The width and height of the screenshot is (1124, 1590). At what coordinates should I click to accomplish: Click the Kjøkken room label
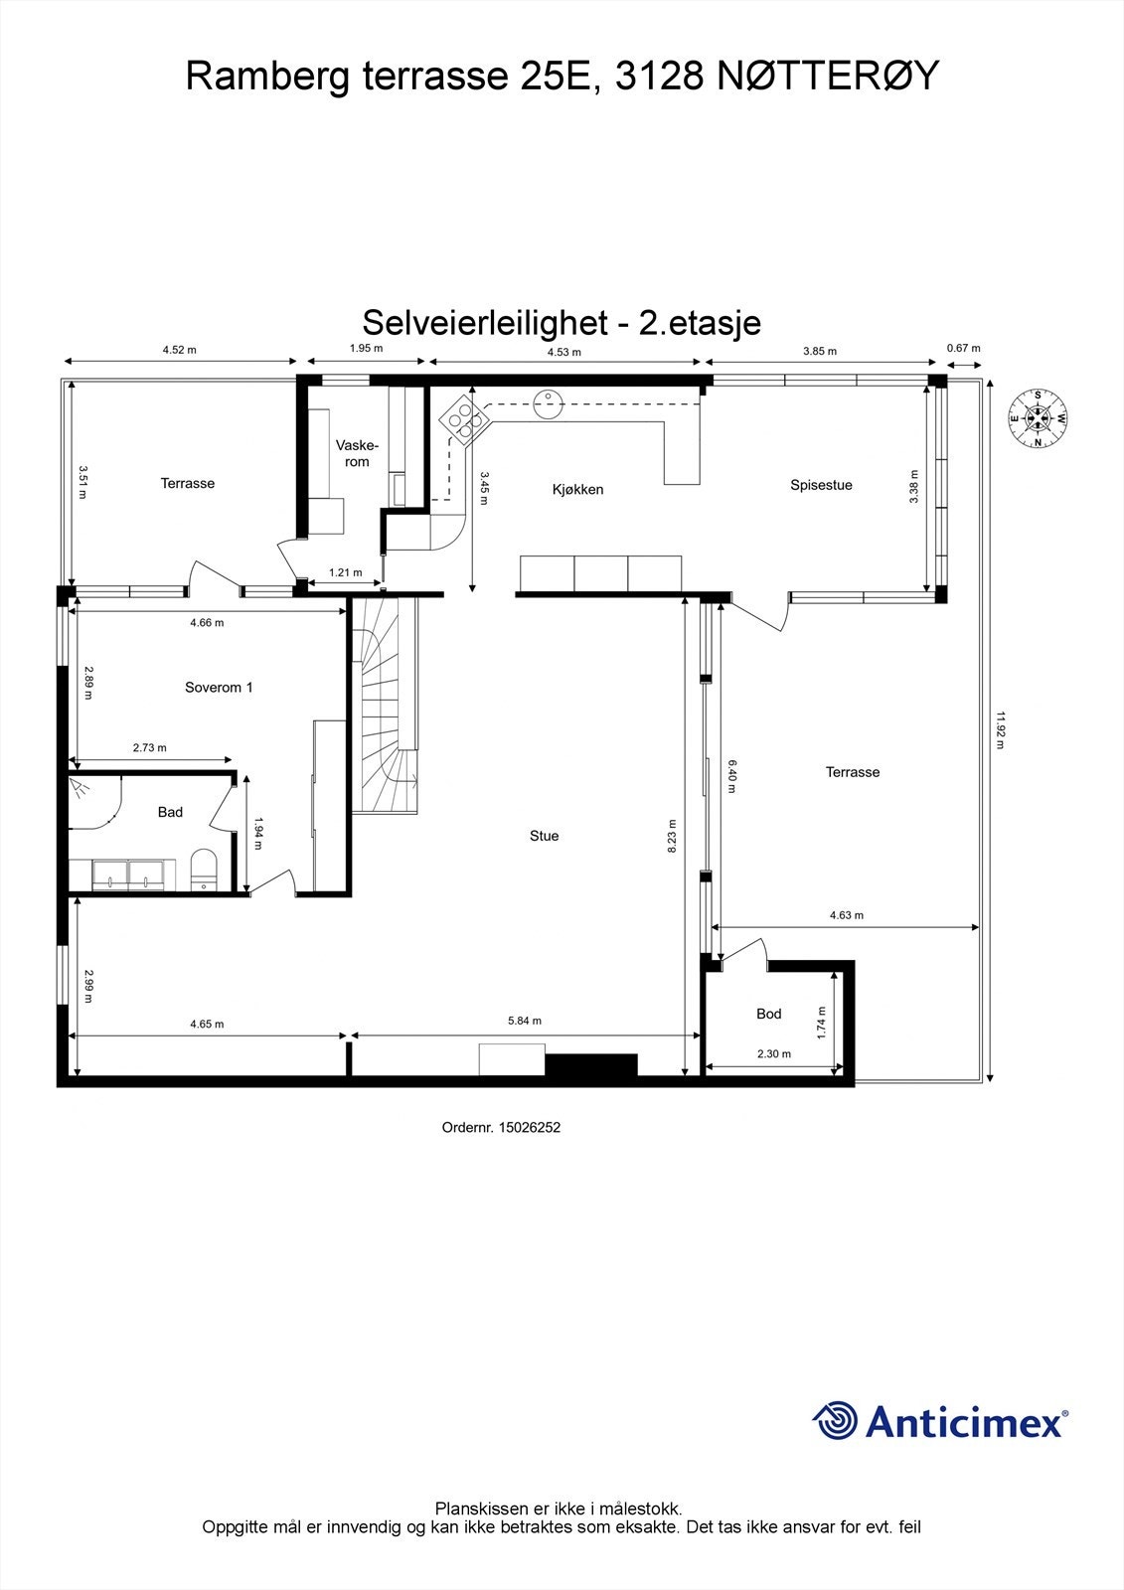pos(577,489)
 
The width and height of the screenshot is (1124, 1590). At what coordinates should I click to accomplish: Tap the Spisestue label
pos(821,485)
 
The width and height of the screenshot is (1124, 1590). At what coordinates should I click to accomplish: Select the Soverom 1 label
pos(219,687)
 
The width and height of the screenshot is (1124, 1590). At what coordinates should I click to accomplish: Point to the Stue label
pos(544,836)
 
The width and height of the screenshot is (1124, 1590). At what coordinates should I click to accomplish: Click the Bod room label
pos(768,1014)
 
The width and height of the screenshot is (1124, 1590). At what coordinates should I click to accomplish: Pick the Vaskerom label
pos(353,453)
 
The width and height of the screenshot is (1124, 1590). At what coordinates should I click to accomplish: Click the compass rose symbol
pos(1038,418)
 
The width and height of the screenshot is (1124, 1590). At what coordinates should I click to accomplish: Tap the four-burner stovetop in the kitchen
pos(464,416)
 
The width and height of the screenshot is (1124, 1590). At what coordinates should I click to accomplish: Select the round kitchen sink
pos(548,399)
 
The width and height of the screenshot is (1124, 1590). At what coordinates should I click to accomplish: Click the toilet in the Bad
pos(203,869)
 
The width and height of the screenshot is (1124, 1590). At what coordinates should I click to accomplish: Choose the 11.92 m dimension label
pos(1002,729)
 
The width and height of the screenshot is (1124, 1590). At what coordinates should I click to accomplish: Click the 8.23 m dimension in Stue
pos(673,836)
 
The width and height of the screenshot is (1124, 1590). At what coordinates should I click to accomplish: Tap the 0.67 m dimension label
pos(963,348)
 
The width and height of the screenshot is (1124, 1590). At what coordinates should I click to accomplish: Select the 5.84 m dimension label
pos(524,1022)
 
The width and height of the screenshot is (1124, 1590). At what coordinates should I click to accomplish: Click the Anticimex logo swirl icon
pos(834,1421)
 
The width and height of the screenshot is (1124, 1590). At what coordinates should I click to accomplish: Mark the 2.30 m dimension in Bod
pos(773,1054)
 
